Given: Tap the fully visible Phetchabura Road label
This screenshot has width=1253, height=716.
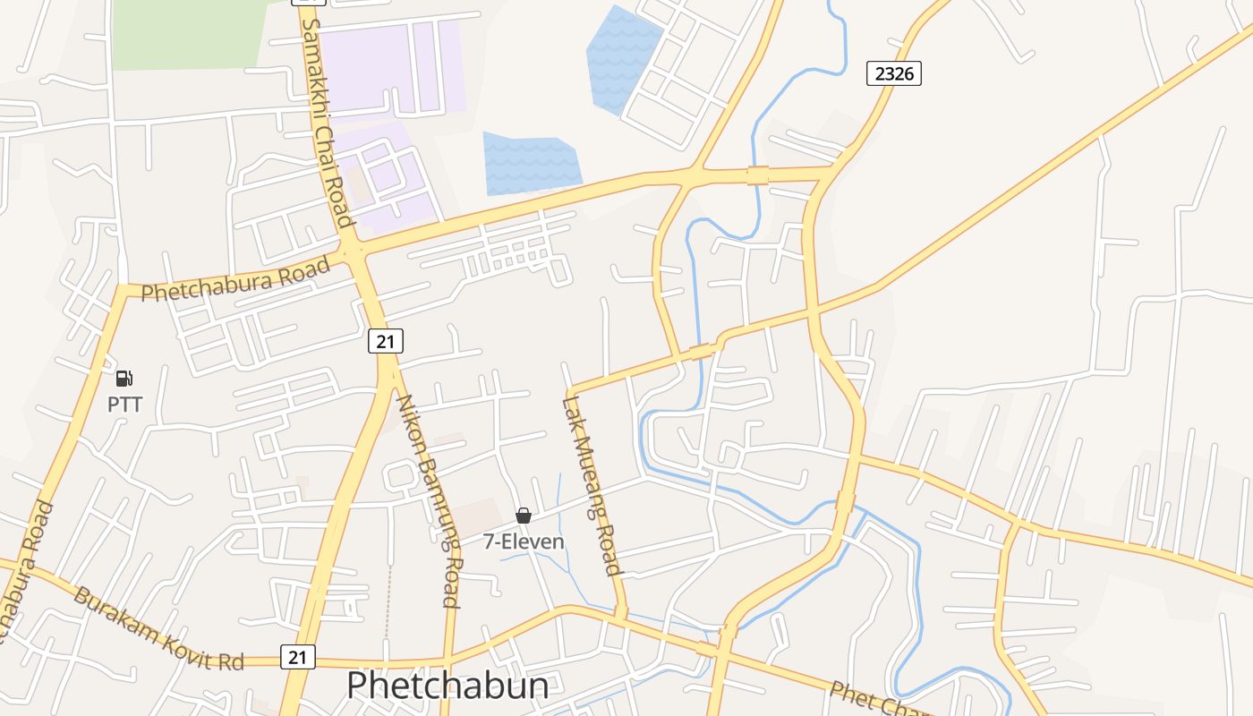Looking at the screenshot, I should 235,280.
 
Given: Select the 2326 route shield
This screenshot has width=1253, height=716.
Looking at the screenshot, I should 893,73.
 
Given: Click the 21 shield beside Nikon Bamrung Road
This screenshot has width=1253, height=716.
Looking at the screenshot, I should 386,341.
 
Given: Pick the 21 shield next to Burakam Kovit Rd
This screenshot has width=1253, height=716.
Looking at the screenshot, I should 298,657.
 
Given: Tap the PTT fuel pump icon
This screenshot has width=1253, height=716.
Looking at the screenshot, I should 124,379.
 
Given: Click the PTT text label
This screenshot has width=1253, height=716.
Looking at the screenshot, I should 124,405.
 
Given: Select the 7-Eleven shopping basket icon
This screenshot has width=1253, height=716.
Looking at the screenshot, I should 524,516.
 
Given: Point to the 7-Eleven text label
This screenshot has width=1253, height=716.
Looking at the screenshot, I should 524,541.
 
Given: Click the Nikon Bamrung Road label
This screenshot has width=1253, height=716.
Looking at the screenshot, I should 429,501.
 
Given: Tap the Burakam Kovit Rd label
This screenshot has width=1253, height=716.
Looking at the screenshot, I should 158,629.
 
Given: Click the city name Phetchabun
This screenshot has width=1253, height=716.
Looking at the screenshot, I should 447,686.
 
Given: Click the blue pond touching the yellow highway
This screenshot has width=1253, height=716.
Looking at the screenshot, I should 531,164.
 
